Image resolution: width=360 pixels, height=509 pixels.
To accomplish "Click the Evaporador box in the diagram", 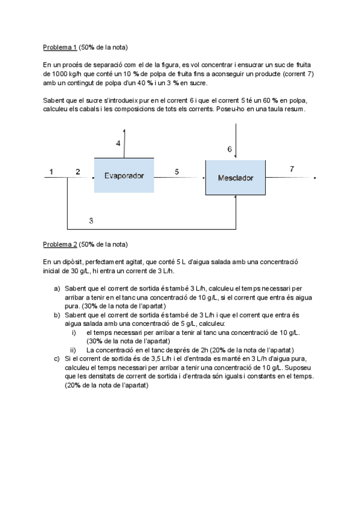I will (124, 175).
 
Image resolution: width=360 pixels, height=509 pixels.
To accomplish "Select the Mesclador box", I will (235, 178).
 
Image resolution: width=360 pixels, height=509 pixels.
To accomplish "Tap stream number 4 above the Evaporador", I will (118, 143).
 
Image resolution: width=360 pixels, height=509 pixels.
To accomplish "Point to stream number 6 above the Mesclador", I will (229, 149).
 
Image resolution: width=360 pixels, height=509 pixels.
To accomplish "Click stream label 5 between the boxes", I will (176, 172).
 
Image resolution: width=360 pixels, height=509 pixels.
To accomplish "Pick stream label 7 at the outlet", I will (292, 169).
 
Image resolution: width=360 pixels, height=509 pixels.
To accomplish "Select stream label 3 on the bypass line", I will (91, 221).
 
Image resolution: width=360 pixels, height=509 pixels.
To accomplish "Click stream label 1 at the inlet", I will (51, 172).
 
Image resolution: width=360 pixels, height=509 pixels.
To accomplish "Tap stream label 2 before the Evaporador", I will (77, 172).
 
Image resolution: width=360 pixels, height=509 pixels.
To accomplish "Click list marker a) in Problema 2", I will (57, 289).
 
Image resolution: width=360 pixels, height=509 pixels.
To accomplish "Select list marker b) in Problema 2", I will (57, 315).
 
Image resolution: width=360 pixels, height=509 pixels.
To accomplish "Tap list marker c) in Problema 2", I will (57, 358).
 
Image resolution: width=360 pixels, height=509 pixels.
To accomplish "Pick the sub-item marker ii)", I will (73, 350).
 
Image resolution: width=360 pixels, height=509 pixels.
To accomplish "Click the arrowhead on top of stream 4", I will (124, 130).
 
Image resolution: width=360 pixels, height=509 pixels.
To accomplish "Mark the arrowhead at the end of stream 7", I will (315, 178).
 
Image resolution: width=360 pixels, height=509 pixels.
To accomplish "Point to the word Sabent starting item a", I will (76, 289).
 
